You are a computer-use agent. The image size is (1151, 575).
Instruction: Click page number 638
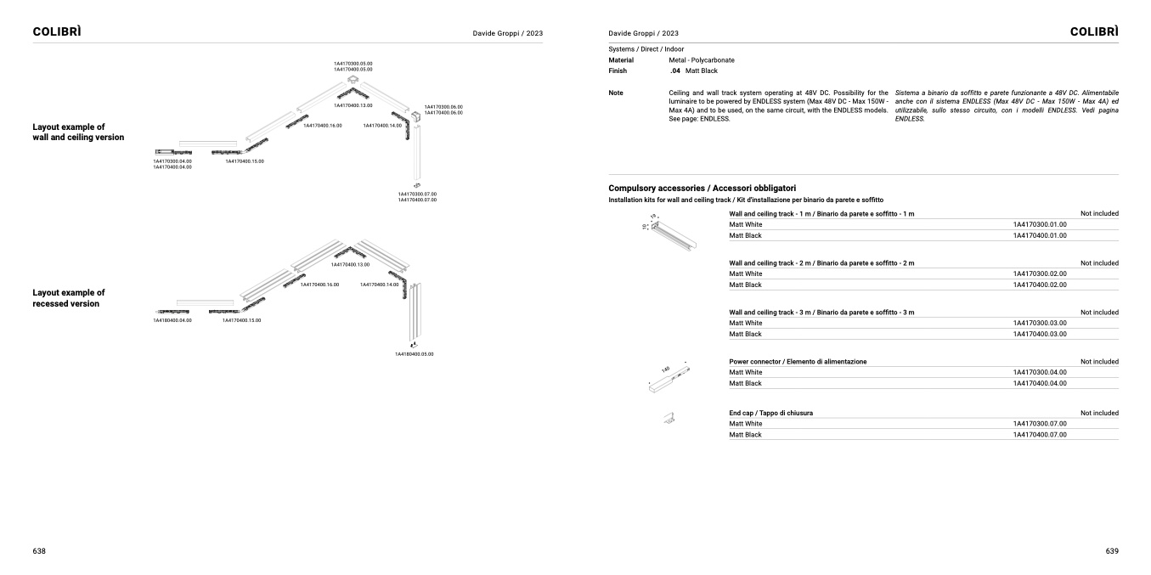tap(39, 551)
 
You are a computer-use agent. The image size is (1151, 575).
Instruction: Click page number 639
tap(1112, 551)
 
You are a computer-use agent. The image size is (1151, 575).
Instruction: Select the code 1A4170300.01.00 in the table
tap(1039, 224)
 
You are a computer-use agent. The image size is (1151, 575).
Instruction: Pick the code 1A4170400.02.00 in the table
tap(1039, 285)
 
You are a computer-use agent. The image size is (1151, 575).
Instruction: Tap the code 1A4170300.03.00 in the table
tap(1039, 323)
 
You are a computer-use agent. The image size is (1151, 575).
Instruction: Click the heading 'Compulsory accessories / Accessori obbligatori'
tap(702, 187)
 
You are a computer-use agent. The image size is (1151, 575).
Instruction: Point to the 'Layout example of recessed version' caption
tap(69, 297)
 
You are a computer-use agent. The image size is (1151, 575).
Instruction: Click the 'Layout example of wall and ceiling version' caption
tap(78, 132)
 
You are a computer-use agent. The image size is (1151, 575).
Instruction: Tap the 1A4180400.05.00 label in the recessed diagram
tap(414, 353)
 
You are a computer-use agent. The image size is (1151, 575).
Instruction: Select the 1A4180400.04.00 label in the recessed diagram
tap(172, 320)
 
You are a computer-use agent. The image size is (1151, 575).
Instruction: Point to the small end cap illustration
tap(669, 417)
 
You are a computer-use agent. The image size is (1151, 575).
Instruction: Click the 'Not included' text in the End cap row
tap(1099, 413)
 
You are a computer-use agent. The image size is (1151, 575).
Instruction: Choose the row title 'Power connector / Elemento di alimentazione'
tap(798, 362)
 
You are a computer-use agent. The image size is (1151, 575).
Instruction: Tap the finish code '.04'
tap(674, 70)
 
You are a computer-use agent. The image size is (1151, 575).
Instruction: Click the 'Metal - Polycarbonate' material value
tap(702, 60)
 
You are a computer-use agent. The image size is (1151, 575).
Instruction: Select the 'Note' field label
tap(616, 93)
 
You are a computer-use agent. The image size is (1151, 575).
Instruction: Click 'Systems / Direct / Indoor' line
tap(646, 49)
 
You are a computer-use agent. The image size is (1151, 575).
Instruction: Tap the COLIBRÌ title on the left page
tap(57, 31)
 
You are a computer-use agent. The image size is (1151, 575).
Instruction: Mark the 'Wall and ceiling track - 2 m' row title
tap(821, 263)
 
